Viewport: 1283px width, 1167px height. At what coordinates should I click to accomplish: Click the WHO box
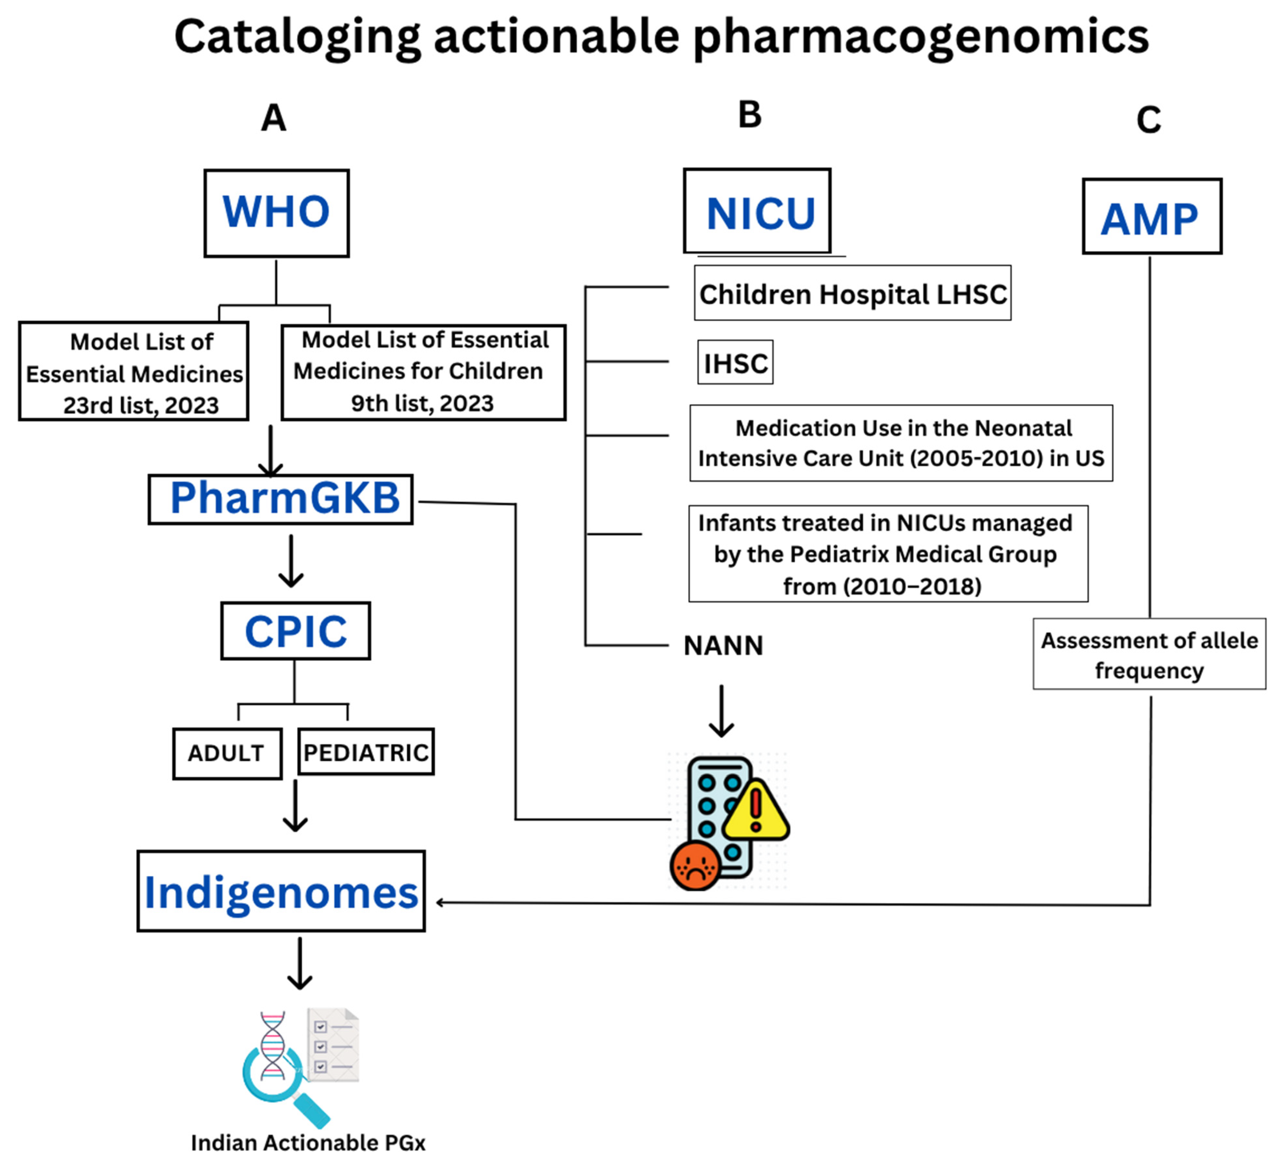[276, 213]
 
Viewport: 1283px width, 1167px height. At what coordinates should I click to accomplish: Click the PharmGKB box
[281, 500]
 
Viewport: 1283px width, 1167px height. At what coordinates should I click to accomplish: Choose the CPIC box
[295, 631]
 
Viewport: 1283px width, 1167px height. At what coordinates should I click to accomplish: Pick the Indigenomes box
[281, 891]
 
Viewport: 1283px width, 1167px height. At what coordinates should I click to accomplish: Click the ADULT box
[226, 754]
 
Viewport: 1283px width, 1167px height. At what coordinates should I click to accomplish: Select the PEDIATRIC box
[366, 752]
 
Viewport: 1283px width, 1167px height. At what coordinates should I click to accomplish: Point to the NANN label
[723, 646]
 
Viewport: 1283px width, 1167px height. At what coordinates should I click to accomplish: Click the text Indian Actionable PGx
[308, 1143]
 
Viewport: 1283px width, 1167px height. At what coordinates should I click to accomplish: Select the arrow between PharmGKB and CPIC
[291, 561]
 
